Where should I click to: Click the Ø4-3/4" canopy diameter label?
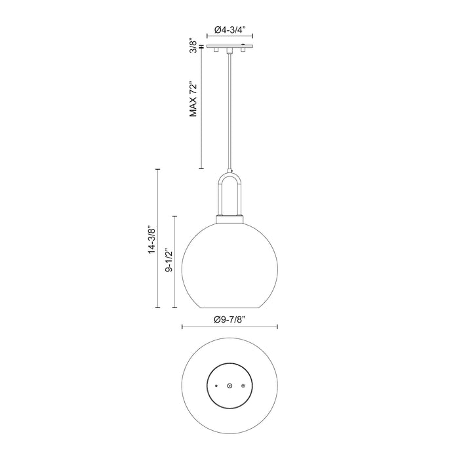coord(229,30)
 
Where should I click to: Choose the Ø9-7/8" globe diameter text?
coord(229,319)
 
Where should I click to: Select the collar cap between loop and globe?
coord(229,219)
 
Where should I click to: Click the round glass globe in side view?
coord(229,266)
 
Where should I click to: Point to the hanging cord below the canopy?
coord(229,111)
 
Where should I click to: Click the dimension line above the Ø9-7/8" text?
coord(229,327)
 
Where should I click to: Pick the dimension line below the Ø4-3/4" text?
coord(229,39)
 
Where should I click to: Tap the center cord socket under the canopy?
coord(229,51)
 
